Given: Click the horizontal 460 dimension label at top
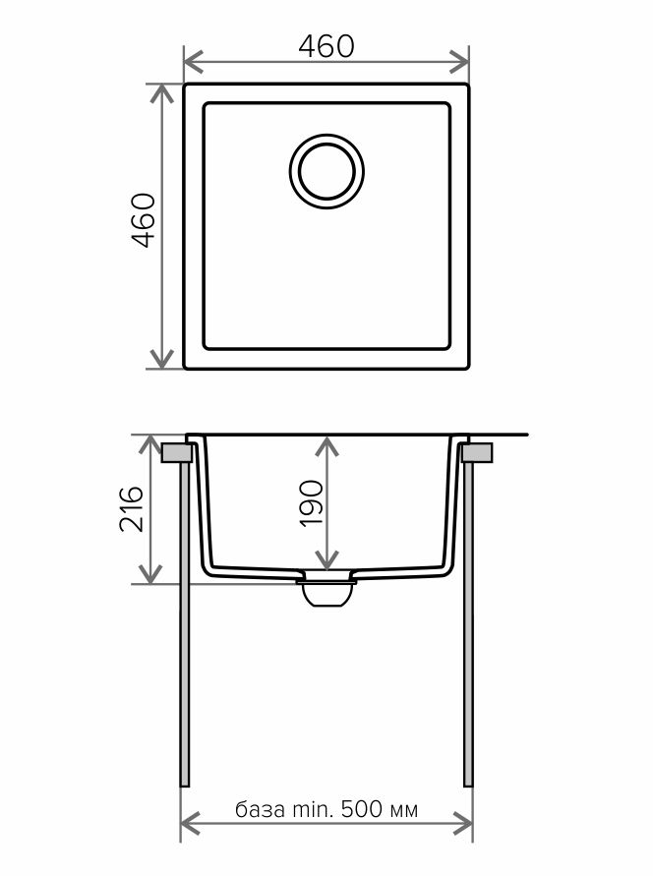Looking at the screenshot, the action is pos(326,46).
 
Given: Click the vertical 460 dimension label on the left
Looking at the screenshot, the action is pos(143,219).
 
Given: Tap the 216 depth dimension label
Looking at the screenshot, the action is pos(132,508).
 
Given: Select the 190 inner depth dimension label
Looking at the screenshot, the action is pos(311,502).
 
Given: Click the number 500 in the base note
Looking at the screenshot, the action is pos(362,808).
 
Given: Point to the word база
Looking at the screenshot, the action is pos(260,809).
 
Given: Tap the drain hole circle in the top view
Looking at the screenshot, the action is pos(326,171).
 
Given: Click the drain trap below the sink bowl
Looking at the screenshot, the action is pos(326,592).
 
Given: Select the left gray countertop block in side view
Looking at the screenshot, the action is pos(176,452).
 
